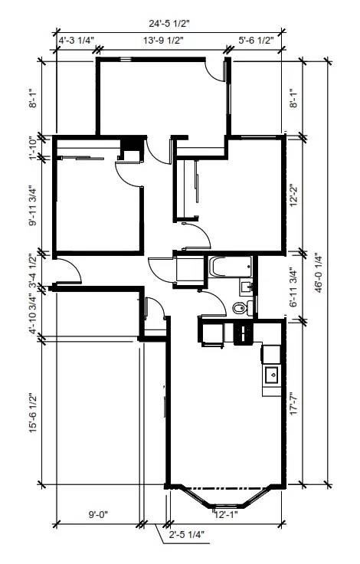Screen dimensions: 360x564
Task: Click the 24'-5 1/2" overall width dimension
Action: pyautogui.click(x=169, y=24)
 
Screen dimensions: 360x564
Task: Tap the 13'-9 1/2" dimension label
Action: pyautogui.click(x=164, y=41)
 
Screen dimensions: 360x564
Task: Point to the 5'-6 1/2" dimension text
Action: pyautogui.click(x=256, y=41)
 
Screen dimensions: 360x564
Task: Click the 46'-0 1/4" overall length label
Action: pyautogui.click(x=319, y=272)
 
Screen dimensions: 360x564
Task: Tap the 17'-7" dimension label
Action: pyautogui.click(x=294, y=403)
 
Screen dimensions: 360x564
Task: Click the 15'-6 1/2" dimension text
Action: pyautogui.click(x=33, y=412)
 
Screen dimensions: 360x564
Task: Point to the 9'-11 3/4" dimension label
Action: pyautogui.click(x=33, y=205)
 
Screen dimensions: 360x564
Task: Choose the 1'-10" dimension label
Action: pyautogui.click(x=33, y=148)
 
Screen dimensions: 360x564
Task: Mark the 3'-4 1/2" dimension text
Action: pyautogui.click(x=33, y=270)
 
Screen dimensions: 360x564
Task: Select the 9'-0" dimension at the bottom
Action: pyautogui.click(x=98, y=515)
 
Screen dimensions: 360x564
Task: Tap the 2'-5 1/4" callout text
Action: pyautogui.click(x=187, y=535)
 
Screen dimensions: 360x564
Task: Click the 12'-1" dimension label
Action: pyautogui.click(x=226, y=515)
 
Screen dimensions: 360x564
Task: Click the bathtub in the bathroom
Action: pyautogui.click(x=230, y=267)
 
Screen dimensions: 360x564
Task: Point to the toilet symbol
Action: pyautogui.click(x=242, y=308)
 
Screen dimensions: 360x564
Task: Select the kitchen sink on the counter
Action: pyautogui.click(x=273, y=376)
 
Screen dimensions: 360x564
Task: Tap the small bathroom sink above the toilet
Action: pyautogui.click(x=247, y=288)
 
